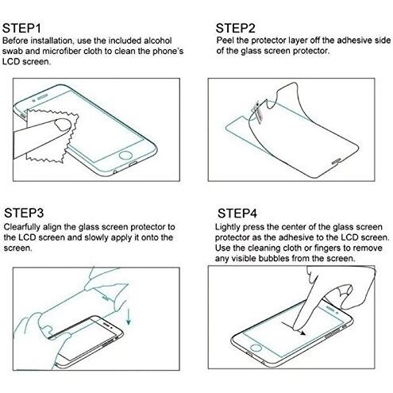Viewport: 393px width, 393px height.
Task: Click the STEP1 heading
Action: [x=21, y=28]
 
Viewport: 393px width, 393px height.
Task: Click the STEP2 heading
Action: [x=235, y=28]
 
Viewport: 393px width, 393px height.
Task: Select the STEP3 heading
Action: [x=24, y=213]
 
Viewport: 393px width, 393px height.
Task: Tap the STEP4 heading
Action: [x=237, y=213]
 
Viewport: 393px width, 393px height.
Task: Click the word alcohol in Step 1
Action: [x=158, y=40]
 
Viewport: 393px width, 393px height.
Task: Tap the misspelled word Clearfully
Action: [x=21, y=227]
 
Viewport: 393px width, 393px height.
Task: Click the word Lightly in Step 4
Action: [x=227, y=227]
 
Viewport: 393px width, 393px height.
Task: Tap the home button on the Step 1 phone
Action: [x=125, y=155]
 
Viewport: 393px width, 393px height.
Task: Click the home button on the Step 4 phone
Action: [x=256, y=348]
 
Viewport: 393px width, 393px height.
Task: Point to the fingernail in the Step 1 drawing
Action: [x=63, y=125]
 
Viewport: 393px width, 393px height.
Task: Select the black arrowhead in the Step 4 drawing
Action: [x=302, y=333]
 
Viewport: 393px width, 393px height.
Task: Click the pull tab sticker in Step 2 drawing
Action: [x=257, y=110]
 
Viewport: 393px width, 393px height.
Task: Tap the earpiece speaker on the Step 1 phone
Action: [x=43, y=97]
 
